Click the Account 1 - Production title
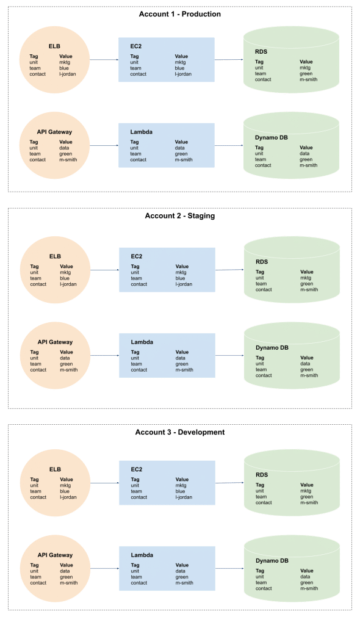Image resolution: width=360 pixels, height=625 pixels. click(x=179, y=13)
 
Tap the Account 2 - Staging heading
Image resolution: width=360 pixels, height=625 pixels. click(x=179, y=216)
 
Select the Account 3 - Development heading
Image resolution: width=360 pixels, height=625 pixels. click(x=179, y=432)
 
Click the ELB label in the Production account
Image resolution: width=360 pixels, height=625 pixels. click(x=55, y=46)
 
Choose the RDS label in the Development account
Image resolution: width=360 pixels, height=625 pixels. click(x=262, y=475)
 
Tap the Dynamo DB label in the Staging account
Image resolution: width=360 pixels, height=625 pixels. click(x=272, y=348)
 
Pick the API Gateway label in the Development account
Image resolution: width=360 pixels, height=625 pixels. click(x=54, y=555)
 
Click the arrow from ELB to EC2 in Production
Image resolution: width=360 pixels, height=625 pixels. click(x=104, y=60)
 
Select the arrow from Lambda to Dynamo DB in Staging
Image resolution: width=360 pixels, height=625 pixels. click(x=229, y=355)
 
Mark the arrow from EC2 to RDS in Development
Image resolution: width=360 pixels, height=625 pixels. click(x=229, y=483)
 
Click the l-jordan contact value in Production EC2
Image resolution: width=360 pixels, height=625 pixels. click(x=184, y=74)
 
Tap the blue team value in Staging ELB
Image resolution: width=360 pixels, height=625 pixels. click(x=64, y=278)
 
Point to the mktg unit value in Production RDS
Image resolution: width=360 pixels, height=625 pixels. click(x=305, y=68)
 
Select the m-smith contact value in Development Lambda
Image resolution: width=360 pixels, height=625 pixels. click(x=184, y=583)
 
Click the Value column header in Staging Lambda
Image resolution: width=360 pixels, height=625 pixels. click(x=182, y=352)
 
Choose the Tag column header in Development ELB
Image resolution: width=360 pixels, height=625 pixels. click(x=34, y=480)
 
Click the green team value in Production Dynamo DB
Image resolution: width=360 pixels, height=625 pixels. click(x=306, y=159)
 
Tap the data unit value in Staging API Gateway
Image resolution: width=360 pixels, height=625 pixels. click(x=65, y=358)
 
